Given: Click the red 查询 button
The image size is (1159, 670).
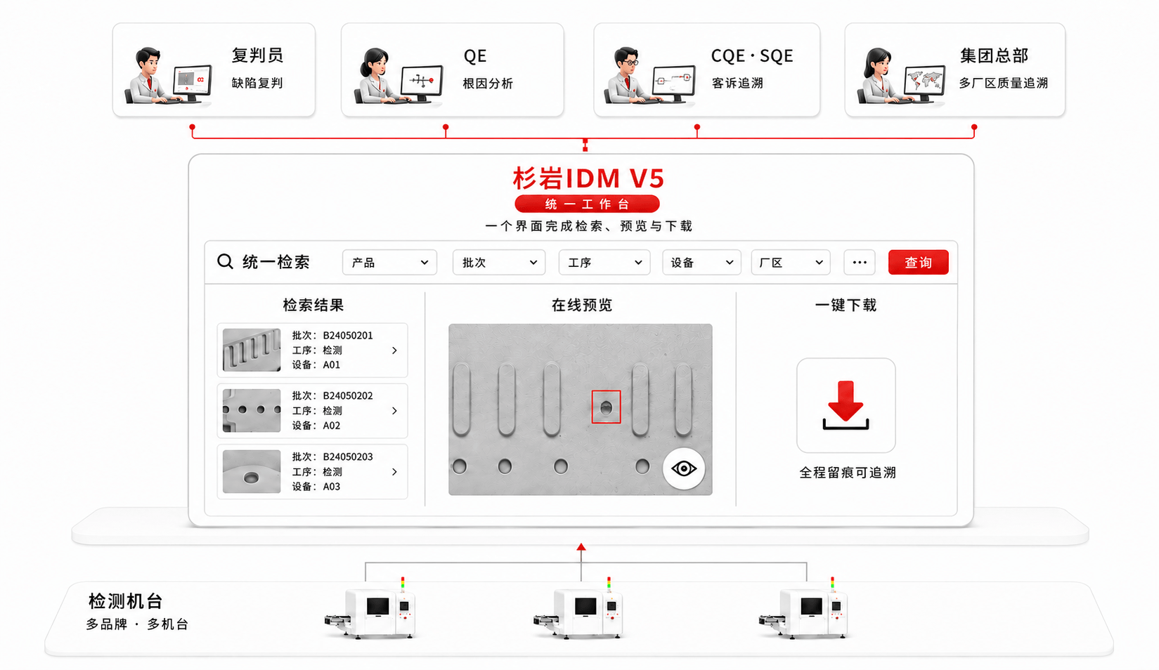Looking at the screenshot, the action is (x=918, y=262).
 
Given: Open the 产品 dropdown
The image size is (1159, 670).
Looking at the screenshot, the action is (x=389, y=262).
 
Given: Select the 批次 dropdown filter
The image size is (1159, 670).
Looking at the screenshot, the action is (x=499, y=262).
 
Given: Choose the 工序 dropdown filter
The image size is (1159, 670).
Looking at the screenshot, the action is (x=604, y=262).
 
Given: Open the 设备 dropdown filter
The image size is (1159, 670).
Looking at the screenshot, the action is (x=701, y=262).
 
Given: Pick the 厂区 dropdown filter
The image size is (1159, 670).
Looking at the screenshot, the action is (x=791, y=262).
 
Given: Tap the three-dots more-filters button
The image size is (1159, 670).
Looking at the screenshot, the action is (x=860, y=262).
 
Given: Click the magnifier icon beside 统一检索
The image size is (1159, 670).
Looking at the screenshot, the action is (x=225, y=261).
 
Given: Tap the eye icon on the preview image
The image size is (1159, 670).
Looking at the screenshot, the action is (x=683, y=468).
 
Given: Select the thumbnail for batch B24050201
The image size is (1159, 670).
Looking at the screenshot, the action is (x=252, y=350).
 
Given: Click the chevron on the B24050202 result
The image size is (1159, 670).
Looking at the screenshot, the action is (x=394, y=410).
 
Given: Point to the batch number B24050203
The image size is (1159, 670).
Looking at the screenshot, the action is (x=348, y=456).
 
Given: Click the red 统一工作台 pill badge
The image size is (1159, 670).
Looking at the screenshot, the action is (x=587, y=204).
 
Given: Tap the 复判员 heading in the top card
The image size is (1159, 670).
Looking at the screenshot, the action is (x=257, y=55).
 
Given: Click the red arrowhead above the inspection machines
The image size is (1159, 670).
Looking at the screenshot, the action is (x=581, y=547).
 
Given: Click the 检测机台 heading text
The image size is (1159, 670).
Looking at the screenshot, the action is (x=126, y=601).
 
